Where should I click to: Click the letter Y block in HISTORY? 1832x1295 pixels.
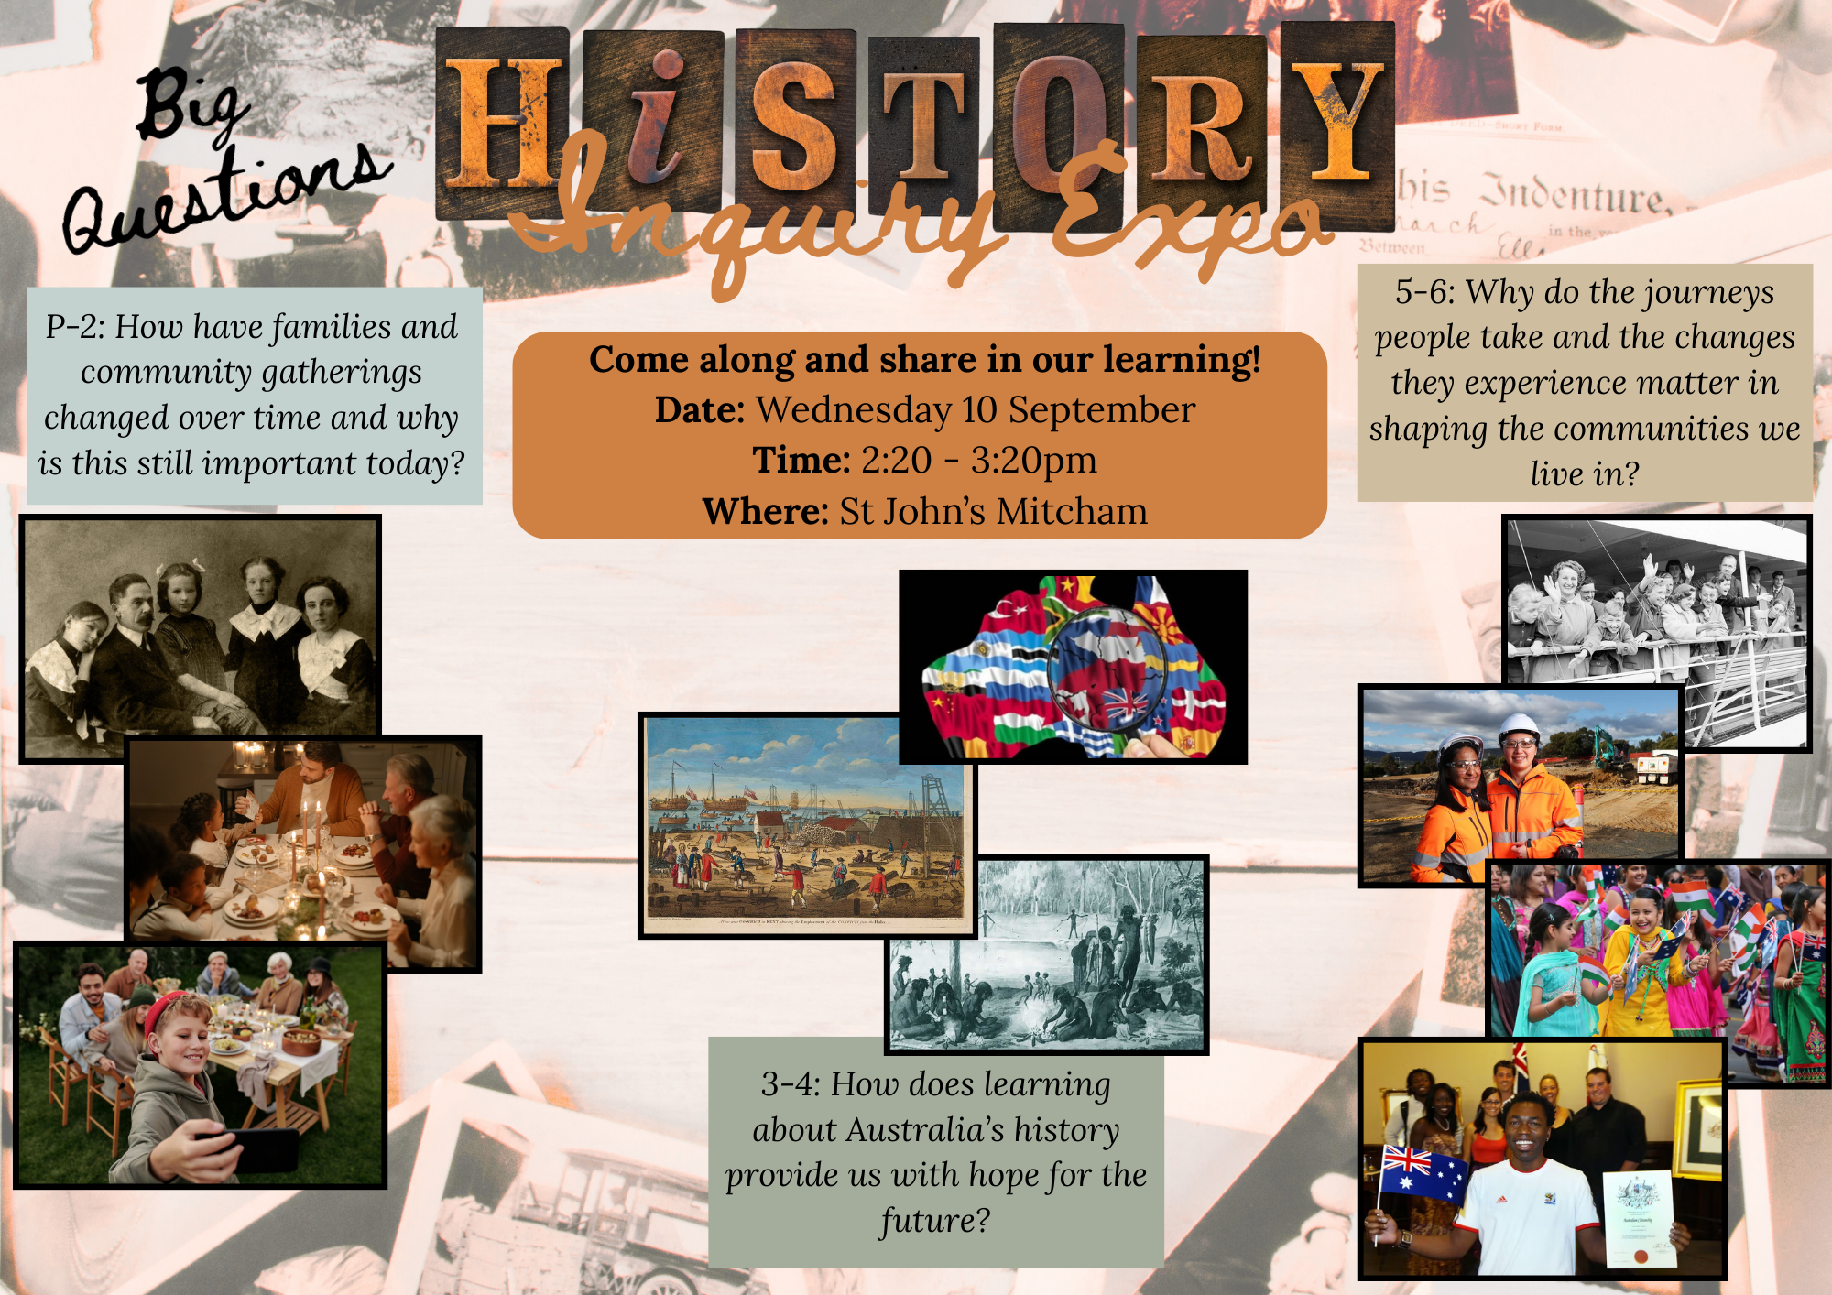pos(1337,119)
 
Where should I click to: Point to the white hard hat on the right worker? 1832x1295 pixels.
pos(1520,728)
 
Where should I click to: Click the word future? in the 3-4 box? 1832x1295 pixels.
pos(935,1221)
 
